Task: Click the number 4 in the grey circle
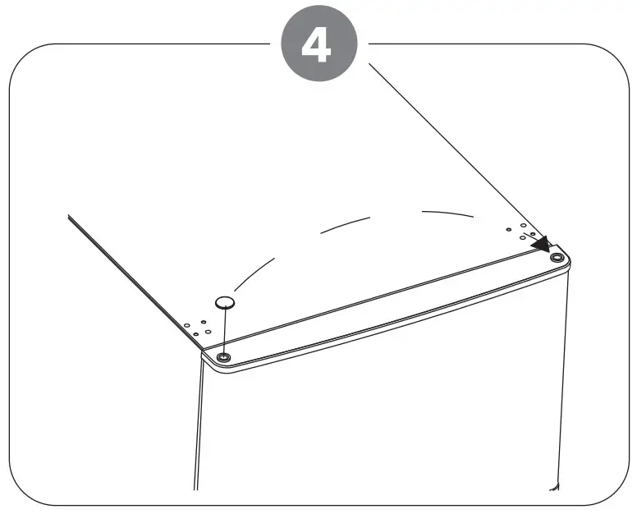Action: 318,47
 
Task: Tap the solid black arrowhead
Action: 542,243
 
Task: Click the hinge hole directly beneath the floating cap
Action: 223,356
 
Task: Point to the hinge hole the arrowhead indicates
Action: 558,257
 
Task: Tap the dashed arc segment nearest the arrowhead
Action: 448,213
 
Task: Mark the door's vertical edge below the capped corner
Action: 198,427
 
